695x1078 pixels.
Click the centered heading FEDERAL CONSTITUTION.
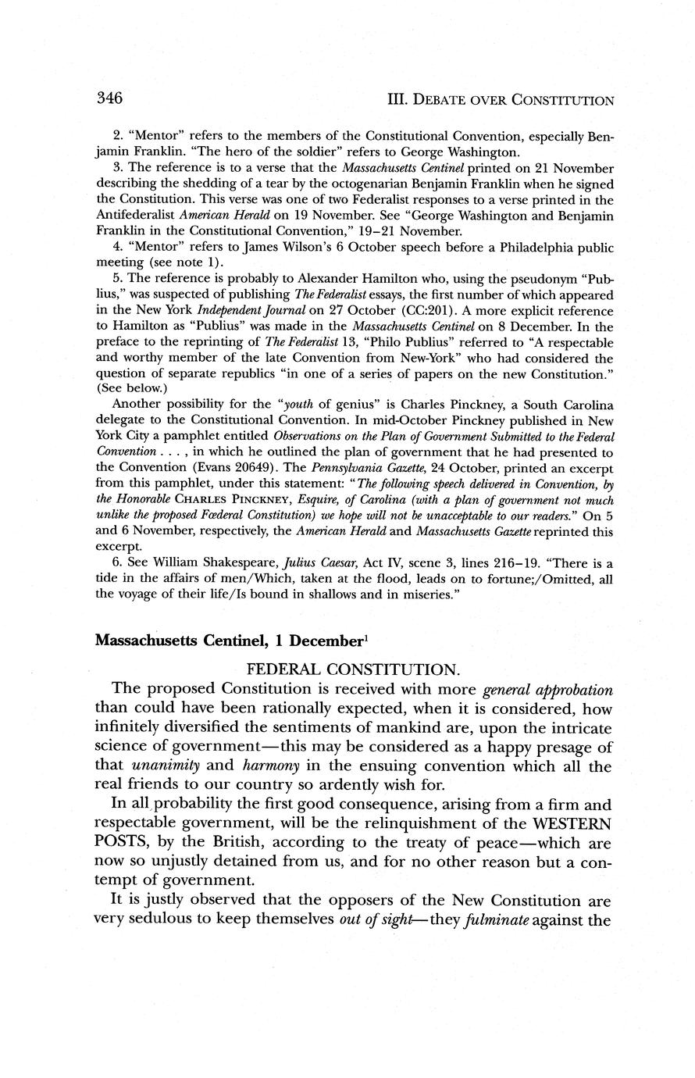click(x=353, y=669)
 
